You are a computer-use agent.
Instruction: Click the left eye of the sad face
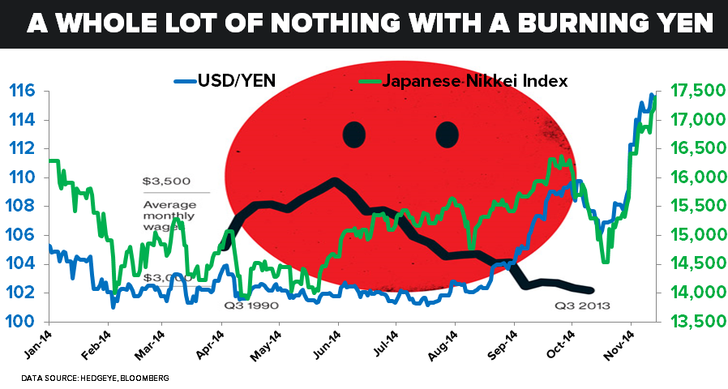click(353, 134)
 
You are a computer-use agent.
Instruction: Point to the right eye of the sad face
click(448, 134)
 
